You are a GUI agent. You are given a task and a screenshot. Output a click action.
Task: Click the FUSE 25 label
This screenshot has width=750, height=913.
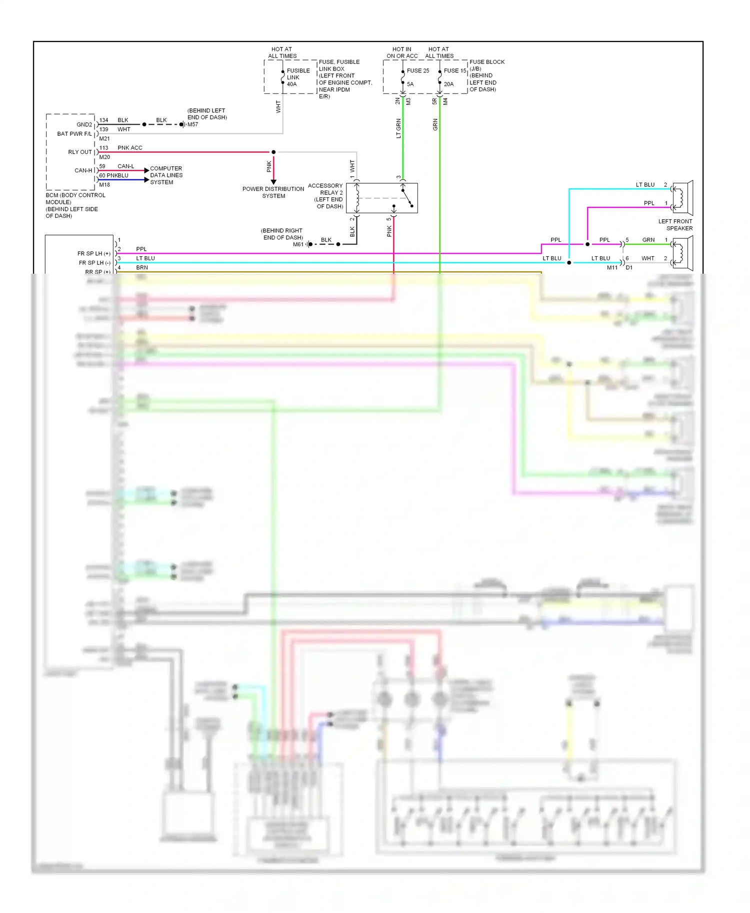[x=417, y=70]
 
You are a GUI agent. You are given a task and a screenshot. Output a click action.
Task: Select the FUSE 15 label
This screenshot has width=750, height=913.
[x=454, y=70]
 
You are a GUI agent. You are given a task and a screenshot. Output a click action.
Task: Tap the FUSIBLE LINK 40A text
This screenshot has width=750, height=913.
[x=298, y=77]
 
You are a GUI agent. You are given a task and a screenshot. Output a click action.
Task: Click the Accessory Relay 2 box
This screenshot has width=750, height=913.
[x=381, y=198]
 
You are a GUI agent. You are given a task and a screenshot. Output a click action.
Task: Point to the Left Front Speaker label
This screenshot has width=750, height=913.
[x=675, y=225]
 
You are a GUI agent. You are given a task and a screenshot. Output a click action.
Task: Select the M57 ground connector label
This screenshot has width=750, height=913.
[x=192, y=124]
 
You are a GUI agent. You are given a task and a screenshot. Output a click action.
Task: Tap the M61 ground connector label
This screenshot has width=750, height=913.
[x=298, y=244]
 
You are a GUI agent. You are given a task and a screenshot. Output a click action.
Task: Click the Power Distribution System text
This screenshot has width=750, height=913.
[x=273, y=192]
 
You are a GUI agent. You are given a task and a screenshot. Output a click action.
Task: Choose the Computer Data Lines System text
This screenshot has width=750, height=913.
[x=166, y=175]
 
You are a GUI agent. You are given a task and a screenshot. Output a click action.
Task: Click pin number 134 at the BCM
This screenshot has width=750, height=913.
[x=103, y=120]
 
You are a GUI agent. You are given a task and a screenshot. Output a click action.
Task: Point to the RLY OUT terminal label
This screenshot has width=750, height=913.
[x=80, y=152]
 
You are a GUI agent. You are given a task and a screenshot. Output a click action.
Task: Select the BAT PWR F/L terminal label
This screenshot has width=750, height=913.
[x=74, y=134]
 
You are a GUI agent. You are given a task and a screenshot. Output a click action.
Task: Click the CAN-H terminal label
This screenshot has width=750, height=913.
[x=83, y=170]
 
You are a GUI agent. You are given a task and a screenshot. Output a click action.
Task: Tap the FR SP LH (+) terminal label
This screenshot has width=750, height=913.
[x=93, y=254]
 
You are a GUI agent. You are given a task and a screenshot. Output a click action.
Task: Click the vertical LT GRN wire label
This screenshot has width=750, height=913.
[x=398, y=128]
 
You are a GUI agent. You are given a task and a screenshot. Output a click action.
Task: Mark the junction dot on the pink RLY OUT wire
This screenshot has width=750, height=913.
[x=273, y=152]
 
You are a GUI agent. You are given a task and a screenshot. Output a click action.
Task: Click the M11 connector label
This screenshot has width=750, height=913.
[x=612, y=268]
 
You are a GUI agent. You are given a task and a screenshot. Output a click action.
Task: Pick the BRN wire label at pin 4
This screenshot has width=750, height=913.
[x=142, y=268]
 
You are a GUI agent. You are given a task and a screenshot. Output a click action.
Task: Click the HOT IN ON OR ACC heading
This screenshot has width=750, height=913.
[x=402, y=52]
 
